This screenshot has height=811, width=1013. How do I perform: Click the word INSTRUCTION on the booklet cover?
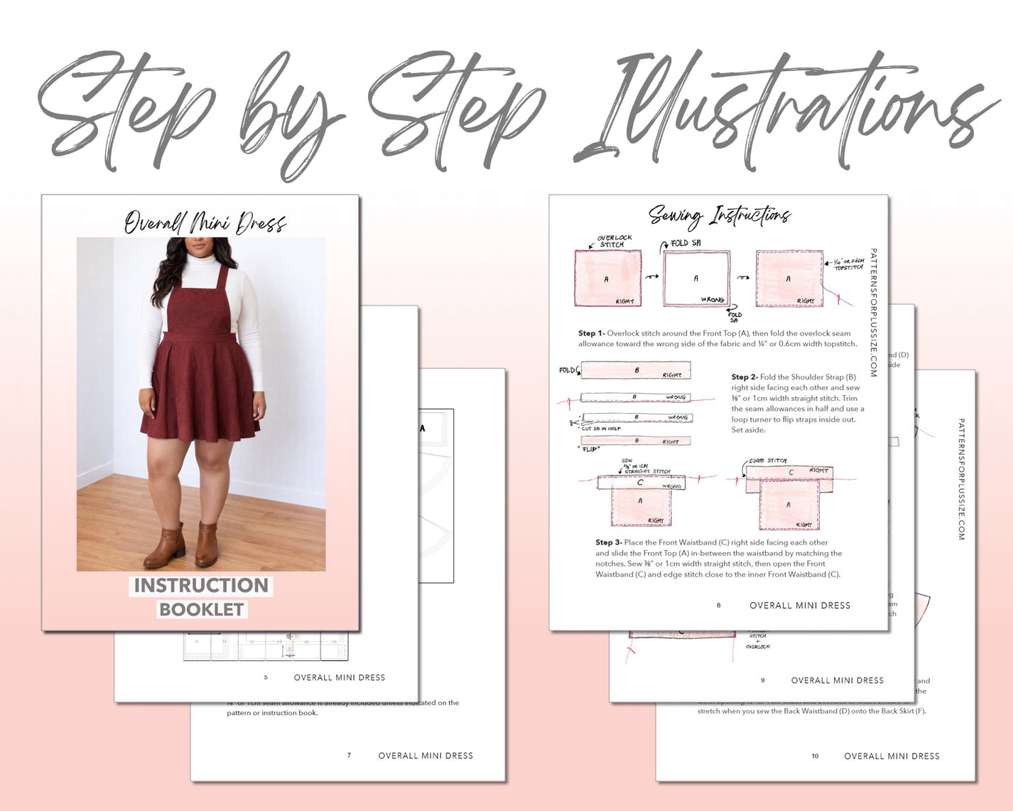tap(201, 585)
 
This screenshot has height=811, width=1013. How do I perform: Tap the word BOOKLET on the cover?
tap(202, 609)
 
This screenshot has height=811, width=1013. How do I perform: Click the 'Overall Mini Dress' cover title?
tap(205, 222)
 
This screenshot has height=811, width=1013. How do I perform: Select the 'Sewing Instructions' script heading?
tap(719, 215)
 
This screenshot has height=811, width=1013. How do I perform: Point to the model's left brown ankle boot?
tap(207, 544)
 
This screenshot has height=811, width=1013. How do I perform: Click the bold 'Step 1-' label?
tap(591, 333)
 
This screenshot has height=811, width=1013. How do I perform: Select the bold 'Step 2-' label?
tap(744, 377)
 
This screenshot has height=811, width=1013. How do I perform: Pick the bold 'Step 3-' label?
tap(609, 542)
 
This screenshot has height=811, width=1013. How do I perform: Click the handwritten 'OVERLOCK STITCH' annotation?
tap(614, 241)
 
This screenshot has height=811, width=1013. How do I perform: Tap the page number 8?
tap(718, 606)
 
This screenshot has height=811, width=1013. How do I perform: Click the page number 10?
tap(815, 756)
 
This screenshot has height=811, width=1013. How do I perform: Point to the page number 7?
tap(349, 756)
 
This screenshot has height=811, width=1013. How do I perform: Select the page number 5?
tap(266, 677)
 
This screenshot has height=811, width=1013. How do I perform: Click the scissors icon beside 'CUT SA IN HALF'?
tap(573, 423)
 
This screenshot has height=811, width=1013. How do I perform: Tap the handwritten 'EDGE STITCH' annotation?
tap(767, 461)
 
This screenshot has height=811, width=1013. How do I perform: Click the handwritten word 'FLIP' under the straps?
tap(590, 449)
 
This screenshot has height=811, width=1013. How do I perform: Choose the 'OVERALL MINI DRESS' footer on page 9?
tap(837, 680)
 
